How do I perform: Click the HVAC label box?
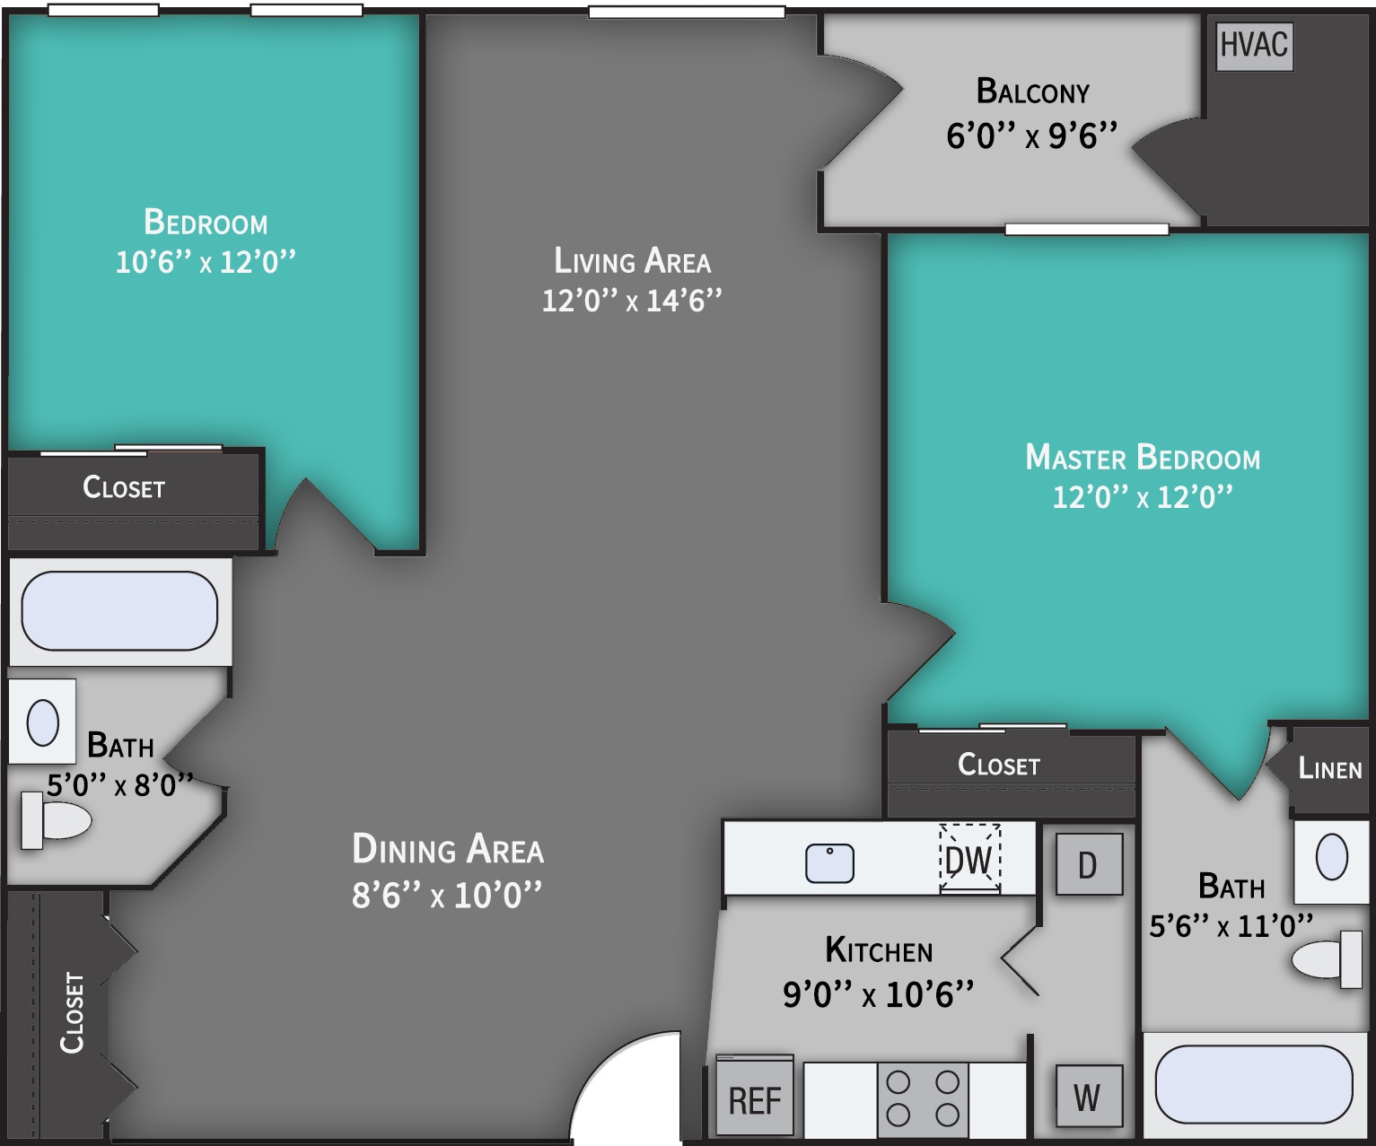pyautogui.click(x=1254, y=46)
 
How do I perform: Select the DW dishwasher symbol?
pyautogui.click(x=969, y=860)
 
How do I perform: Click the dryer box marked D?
pyautogui.click(x=1088, y=865)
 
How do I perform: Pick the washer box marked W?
pyautogui.click(x=1088, y=1097)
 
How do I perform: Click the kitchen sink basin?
pyautogui.click(x=829, y=863)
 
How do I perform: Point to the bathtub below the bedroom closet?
pyautogui.click(x=119, y=611)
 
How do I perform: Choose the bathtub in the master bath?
pyautogui.click(x=1253, y=1084)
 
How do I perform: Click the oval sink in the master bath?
pyautogui.click(x=1331, y=857)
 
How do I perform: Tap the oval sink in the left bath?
pyautogui.click(x=42, y=722)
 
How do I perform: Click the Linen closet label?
pyautogui.click(x=1329, y=769)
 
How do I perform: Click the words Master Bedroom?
pyautogui.click(x=1143, y=458)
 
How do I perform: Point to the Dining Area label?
pyautogui.click(x=448, y=850)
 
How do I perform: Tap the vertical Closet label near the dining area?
pyautogui.click(x=73, y=1012)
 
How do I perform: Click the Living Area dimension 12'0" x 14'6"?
pyautogui.click(x=631, y=300)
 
